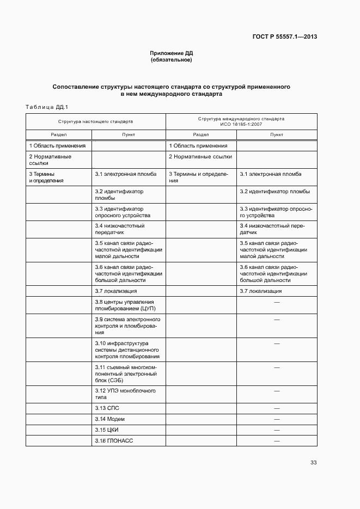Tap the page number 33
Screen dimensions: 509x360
pos(313,463)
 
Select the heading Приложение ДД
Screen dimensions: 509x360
pos(172,53)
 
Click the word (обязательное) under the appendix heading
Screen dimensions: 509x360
pos(172,60)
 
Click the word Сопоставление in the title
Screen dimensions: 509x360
pos(75,87)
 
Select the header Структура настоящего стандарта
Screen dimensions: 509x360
pos(95,122)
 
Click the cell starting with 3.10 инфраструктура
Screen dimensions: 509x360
pos(127,350)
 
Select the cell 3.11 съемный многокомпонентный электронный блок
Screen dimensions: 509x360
pos(126,374)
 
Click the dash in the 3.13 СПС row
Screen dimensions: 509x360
pos(277,408)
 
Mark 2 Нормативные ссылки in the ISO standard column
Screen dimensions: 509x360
pos(200,157)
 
